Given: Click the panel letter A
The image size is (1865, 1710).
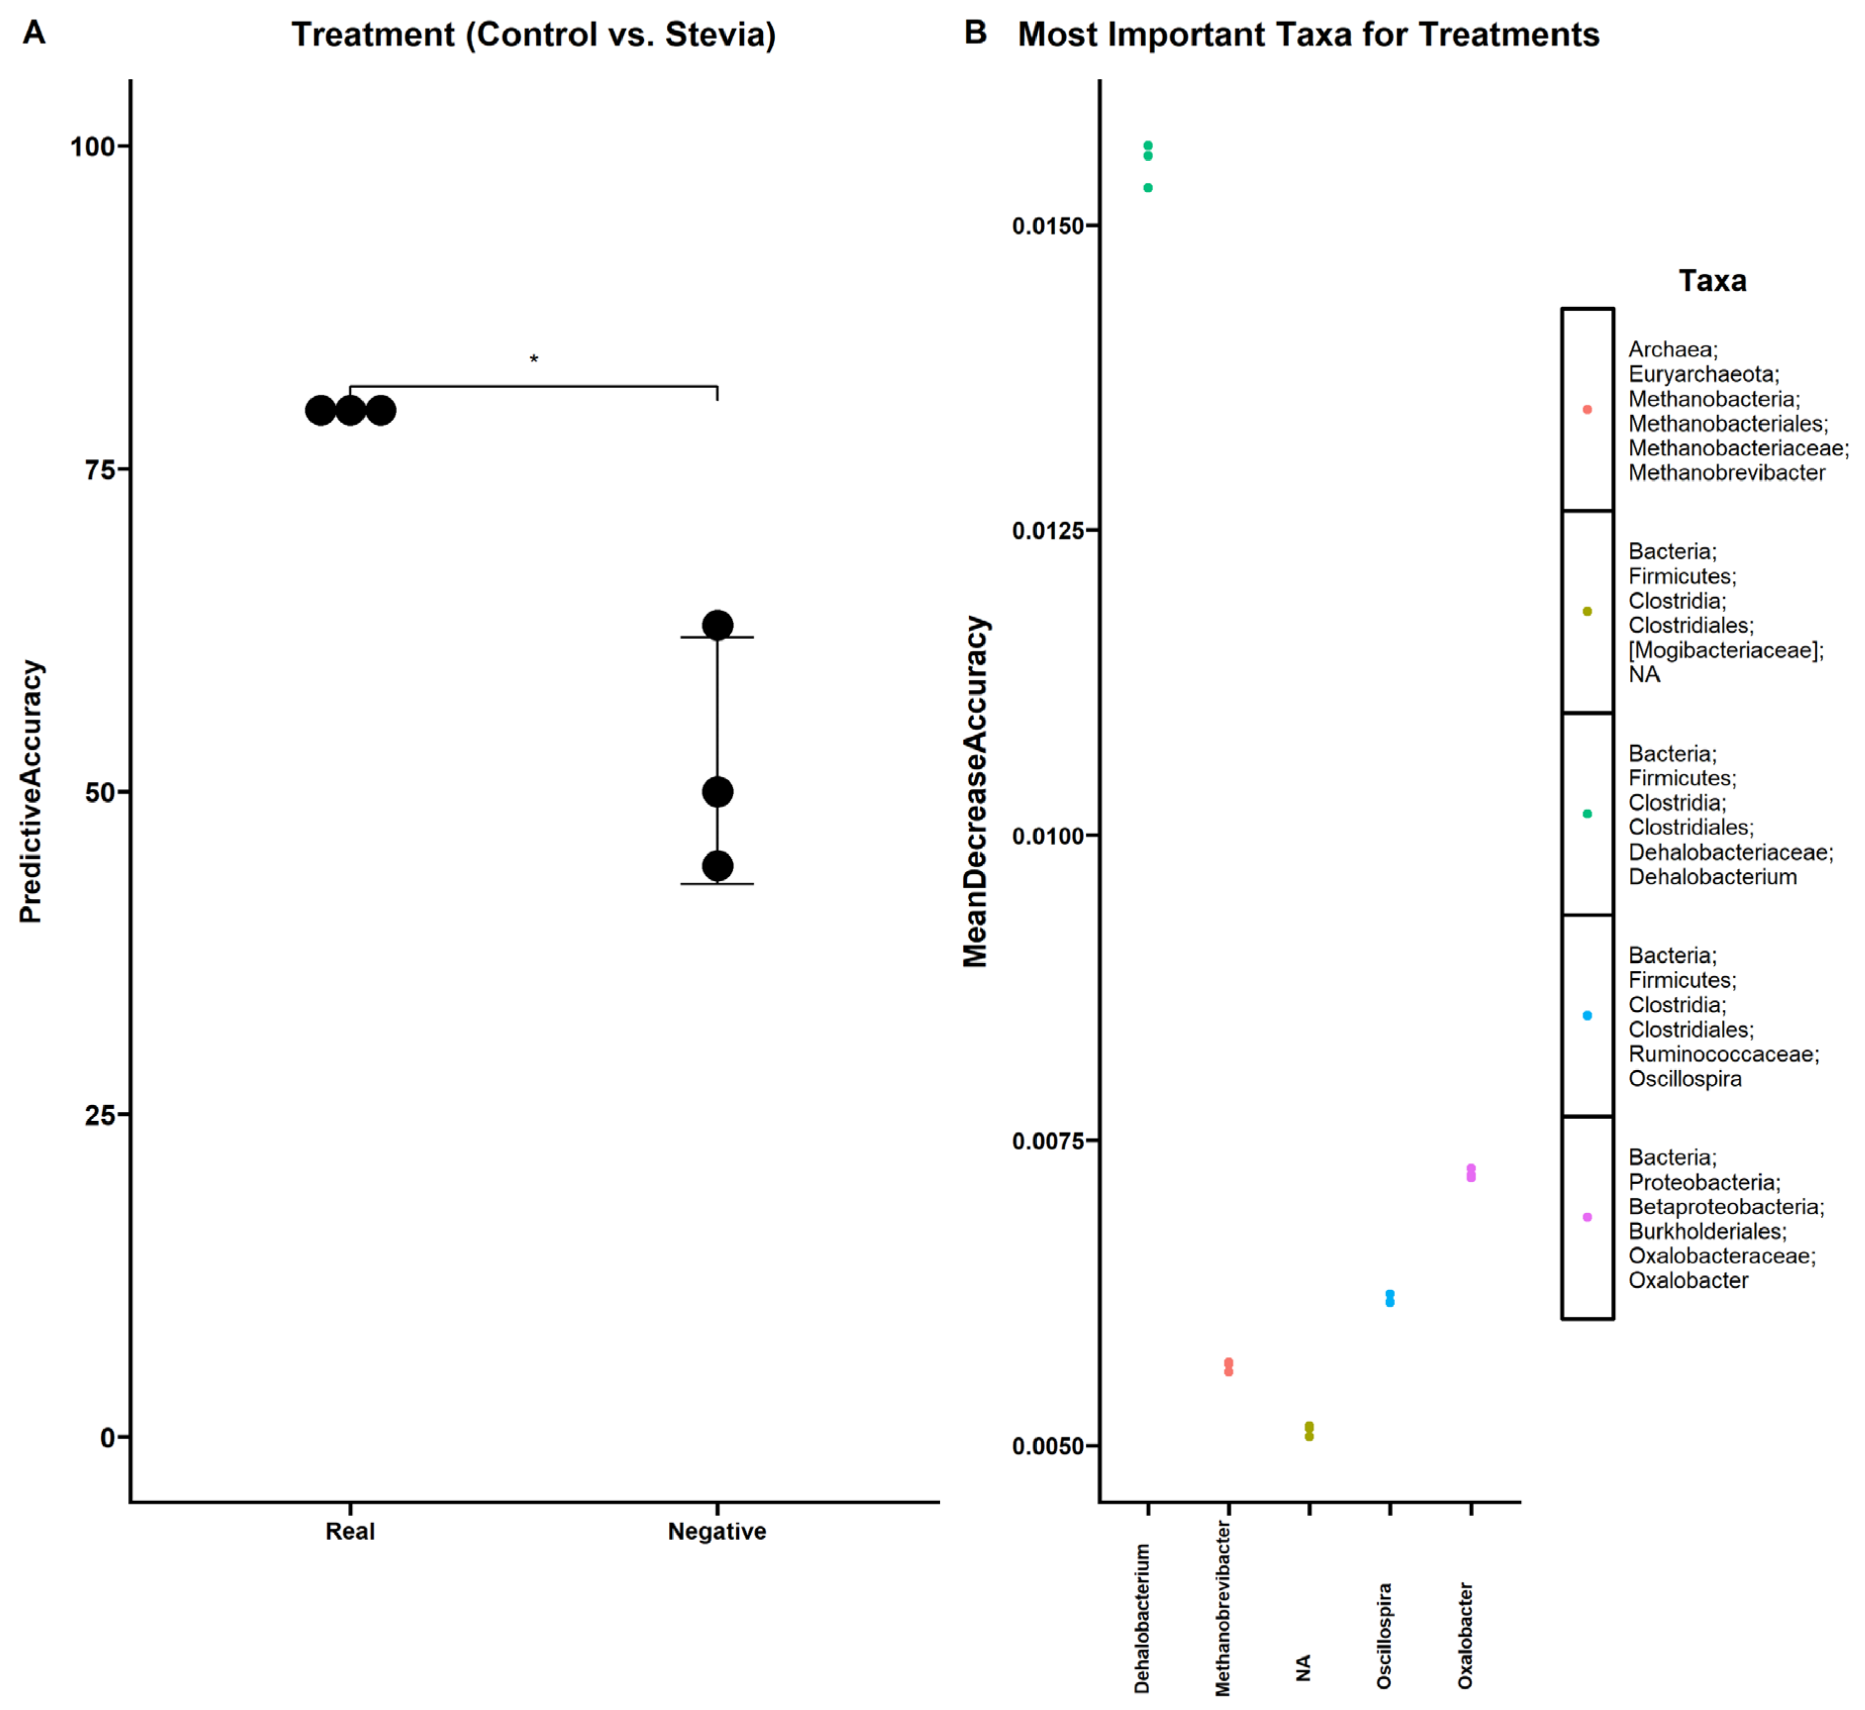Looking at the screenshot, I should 34,33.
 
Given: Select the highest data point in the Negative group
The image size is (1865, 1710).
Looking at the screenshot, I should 717,625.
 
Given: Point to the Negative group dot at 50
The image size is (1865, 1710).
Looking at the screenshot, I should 717,792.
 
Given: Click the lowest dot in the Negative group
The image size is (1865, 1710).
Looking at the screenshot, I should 717,866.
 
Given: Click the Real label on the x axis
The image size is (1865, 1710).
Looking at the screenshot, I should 350,1531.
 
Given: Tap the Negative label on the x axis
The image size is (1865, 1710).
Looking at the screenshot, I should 717,1531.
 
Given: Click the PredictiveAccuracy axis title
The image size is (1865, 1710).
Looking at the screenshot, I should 31,791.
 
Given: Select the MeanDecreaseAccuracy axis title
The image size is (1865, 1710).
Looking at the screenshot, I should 975,791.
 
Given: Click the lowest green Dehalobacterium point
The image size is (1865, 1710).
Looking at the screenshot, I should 1148,188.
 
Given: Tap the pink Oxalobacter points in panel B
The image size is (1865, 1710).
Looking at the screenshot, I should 1471,1172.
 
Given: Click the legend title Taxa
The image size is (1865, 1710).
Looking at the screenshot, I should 1713,281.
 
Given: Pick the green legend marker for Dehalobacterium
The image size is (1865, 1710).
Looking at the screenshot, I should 1587,814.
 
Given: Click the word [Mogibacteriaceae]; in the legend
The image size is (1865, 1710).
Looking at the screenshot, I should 1725,651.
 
